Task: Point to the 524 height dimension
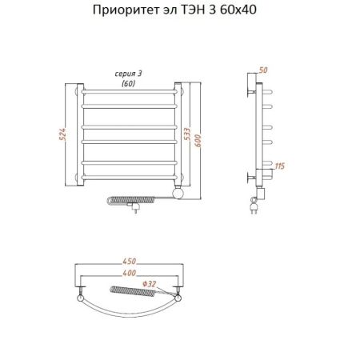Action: pos(62,134)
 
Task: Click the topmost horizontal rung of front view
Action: pos(130,94)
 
